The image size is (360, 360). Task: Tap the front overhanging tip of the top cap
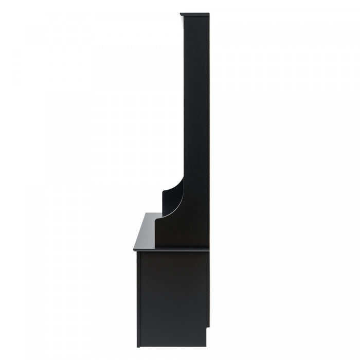(x=181, y=14)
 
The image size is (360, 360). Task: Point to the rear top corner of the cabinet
(x=209, y=14)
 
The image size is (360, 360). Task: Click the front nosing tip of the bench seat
(x=134, y=250)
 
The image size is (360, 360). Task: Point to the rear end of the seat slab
(x=208, y=249)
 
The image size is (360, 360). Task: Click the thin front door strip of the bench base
(x=138, y=298)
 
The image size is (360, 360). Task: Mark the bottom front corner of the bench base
(x=137, y=346)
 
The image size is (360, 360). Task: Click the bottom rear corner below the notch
(x=206, y=345)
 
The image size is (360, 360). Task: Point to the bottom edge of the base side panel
(x=172, y=346)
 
